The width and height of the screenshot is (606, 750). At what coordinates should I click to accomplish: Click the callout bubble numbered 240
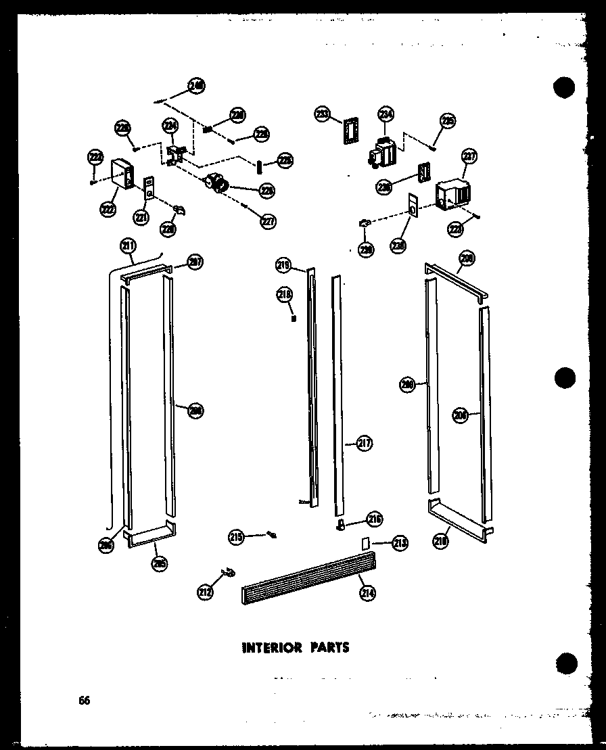click(197, 86)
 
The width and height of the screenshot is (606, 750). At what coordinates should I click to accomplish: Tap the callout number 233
click(322, 115)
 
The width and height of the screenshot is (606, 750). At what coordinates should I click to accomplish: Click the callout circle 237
click(469, 158)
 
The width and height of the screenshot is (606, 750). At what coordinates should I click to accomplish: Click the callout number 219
click(283, 266)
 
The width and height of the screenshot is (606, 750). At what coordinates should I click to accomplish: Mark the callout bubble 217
click(365, 444)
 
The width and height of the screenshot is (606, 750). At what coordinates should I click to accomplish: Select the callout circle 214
click(369, 592)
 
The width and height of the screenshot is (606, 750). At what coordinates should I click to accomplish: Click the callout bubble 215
click(236, 538)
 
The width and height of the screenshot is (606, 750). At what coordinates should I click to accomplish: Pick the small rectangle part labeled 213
click(366, 542)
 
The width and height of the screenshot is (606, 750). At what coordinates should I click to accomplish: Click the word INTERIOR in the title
click(271, 647)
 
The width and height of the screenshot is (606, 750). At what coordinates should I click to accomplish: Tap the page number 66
click(83, 700)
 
